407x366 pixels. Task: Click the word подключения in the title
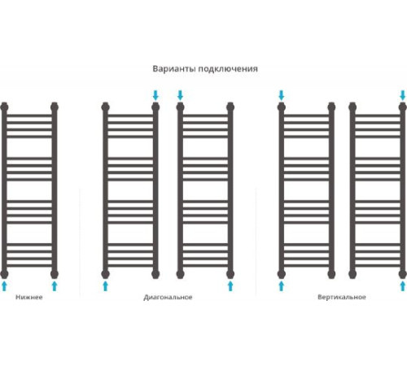(228, 69)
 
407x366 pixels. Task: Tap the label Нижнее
(29, 297)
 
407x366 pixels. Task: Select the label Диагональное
(168, 298)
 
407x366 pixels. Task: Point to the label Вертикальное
(342, 297)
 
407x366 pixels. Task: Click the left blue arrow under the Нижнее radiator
(4, 286)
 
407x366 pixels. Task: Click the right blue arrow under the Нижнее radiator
(55, 286)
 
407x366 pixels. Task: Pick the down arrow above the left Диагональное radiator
(155, 95)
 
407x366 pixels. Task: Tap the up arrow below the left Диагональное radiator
(105, 286)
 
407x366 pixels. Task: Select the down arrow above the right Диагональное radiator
(180, 95)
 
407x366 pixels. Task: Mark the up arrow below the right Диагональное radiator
(230, 286)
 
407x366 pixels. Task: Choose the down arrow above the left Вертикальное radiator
(282, 95)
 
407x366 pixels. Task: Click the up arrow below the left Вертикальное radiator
(282, 286)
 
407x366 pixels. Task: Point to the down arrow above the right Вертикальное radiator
(403, 95)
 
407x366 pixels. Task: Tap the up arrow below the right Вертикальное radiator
(403, 286)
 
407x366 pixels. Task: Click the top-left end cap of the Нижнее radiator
(4, 107)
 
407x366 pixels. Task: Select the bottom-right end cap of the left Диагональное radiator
(155, 274)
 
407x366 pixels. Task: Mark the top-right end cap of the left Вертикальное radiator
(331, 107)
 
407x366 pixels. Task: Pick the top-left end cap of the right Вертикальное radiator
(352, 107)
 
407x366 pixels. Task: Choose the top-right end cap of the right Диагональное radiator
(230, 107)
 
